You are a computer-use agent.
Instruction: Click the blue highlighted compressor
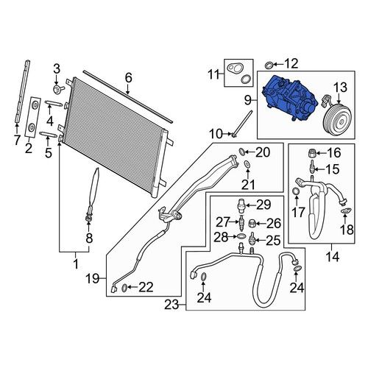coord(289,99)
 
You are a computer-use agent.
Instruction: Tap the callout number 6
coord(128,77)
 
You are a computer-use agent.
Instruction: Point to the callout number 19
coord(92,278)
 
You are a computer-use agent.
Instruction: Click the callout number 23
coord(171,305)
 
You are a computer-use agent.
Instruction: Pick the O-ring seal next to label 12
coord(269,66)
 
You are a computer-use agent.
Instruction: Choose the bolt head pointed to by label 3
coord(57,89)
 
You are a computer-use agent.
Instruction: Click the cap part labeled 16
coord(311,153)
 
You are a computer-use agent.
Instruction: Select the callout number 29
coord(263,205)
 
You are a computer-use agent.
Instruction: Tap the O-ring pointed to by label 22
coord(124,288)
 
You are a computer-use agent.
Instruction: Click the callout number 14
coord(333,257)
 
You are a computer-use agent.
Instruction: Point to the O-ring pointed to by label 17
coord(297,191)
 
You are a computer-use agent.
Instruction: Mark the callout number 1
coord(76,264)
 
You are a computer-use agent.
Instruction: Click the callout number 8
coord(89,238)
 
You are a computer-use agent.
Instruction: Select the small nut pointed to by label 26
coord(252,224)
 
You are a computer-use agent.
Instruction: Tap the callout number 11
coord(214,74)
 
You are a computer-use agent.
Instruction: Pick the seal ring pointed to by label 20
coord(242,152)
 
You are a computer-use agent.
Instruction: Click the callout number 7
coord(17,140)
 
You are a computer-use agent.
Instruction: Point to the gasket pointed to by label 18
coord(346,210)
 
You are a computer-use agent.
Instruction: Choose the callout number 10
coord(216,134)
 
